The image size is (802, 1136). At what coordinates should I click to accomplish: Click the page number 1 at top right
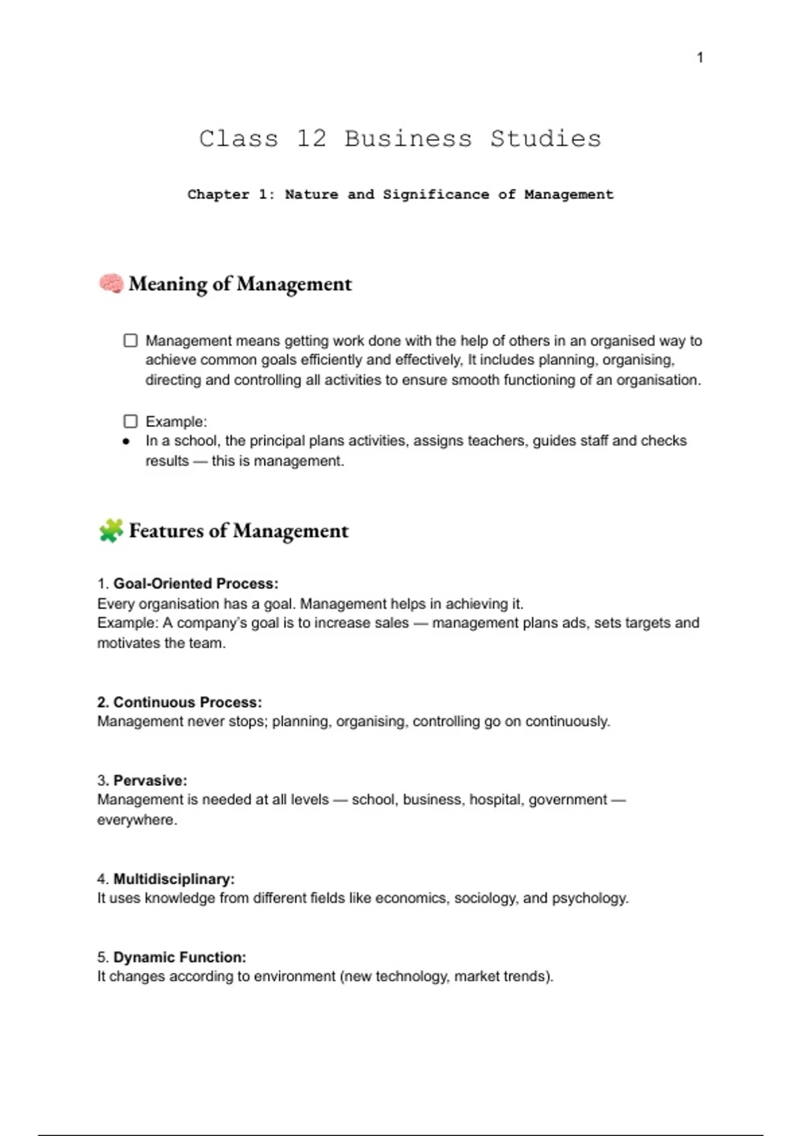click(700, 57)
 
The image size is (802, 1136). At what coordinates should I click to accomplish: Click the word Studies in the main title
click(545, 139)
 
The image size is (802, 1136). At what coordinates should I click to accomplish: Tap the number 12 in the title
click(311, 139)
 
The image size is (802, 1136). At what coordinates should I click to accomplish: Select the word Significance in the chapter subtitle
click(435, 194)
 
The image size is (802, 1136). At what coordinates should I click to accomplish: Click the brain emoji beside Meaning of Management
click(111, 283)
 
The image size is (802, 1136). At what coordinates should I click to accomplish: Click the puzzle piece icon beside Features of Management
click(111, 531)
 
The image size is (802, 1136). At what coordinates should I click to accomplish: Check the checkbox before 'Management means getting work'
click(130, 341)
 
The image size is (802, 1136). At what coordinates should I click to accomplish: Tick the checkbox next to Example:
click(130, 422)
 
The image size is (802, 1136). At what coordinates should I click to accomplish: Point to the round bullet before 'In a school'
click(126, 442)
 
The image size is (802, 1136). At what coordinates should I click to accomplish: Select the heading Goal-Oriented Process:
click(195, 583)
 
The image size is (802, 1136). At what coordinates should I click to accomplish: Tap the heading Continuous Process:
click(187, 702)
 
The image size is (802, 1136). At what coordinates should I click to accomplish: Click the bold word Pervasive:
click(150, 780)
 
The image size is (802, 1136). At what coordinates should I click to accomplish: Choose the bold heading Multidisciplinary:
click(174, 879)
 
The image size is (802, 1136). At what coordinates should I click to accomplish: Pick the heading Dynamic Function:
click(179, 957)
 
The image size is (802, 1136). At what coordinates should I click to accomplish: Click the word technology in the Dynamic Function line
click(411, 976)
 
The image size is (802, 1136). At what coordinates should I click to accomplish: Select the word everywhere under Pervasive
click(136, 820)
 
